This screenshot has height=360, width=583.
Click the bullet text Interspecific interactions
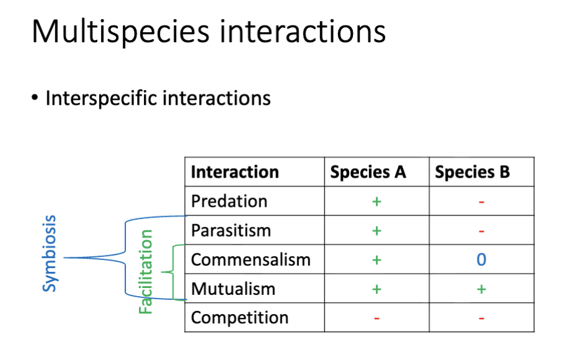click(158, 98)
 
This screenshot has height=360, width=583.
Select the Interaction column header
click(234, 172)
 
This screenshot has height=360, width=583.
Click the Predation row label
click(229, 201)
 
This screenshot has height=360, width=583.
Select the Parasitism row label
click(231, 230)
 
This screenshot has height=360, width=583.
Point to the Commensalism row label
click(251, 259)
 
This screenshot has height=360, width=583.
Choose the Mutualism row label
click(233, 289)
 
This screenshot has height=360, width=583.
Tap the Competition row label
click(239, 318)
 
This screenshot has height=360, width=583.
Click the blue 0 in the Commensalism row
click(481, 259)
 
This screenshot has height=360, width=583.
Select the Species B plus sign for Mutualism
click(481, 289)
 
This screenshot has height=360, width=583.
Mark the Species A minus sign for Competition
click(376, 318)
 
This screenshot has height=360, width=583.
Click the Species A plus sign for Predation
click(376, 201)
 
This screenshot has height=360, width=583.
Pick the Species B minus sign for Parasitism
click(481, 231)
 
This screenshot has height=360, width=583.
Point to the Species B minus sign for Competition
click(481, 318)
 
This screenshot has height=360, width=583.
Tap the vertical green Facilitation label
click(146, 272)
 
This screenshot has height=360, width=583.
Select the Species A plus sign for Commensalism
click(376, 259)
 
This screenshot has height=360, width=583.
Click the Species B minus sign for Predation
click(481, 202)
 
